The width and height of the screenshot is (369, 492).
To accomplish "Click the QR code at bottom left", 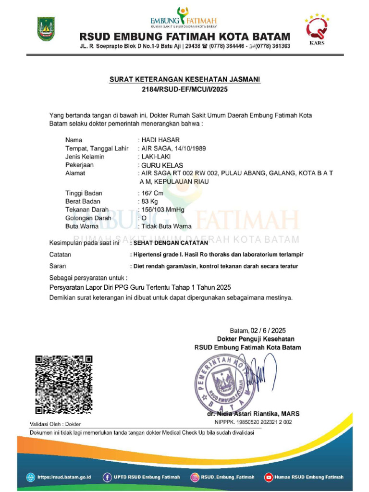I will click(63, 384).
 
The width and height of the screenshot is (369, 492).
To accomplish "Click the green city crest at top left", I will click(46, 29).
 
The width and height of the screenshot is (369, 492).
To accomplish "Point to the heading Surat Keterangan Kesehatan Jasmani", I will click(184, 80).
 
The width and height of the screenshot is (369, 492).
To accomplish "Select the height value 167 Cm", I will click(152, 193).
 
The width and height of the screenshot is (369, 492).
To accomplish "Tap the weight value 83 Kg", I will click(149, 201).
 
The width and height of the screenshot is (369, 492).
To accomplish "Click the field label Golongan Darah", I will click(88, 218).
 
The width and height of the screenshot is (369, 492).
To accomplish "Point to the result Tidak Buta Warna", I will click(166, 226).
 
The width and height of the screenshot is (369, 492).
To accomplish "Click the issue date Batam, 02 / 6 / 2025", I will click(258, 330).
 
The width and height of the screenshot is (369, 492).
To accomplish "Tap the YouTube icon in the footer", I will click(269, 477).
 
